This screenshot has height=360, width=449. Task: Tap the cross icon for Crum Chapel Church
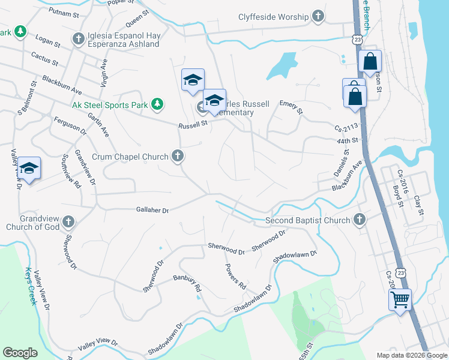177,157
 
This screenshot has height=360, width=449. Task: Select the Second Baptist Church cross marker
360,220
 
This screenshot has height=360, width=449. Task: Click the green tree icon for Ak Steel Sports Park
157,105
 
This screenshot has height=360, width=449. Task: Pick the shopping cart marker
400,298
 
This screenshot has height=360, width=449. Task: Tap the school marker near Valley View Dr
28,169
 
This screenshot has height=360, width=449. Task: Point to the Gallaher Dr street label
153,210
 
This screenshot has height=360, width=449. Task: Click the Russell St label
192,125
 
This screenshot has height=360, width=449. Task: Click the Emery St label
291,108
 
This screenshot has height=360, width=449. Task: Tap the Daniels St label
341,165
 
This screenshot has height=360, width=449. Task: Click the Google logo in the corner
20,353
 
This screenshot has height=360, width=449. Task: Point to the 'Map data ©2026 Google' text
412,355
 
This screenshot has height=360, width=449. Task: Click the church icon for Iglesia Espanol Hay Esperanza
77,40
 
